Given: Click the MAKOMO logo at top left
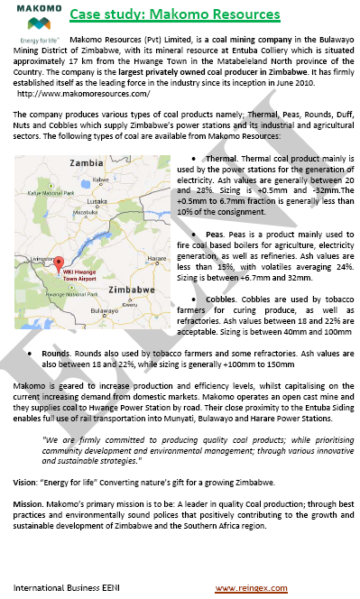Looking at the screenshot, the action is coord(36,14).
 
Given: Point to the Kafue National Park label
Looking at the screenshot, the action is coord(50,193).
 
